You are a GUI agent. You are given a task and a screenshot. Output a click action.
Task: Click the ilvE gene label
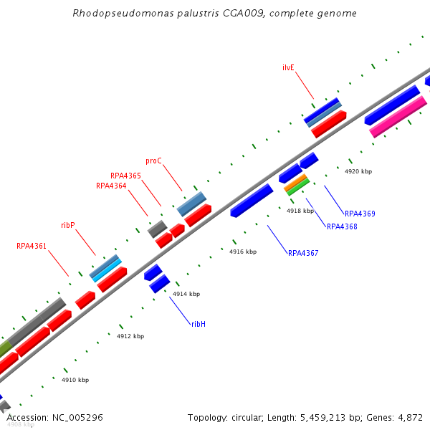[x=288, y=67]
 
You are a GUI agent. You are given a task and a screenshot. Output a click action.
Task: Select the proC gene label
[x=154, y=161]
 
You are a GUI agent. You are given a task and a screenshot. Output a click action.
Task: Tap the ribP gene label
[x=68, y=225]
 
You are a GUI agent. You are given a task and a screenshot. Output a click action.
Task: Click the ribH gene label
[x=199, y=324]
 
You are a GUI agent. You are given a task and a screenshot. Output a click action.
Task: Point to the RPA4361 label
[x=32, y=247]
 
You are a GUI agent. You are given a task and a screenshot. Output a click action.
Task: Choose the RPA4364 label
[x=111, y=186]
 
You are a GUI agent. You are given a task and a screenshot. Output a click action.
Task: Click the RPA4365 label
[x=125, y=176]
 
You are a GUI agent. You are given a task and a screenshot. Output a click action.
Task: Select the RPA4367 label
[x=303, y=253]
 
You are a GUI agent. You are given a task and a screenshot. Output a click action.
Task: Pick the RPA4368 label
[x=342, y=227]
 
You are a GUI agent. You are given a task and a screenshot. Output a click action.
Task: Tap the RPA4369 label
[x=360, y=214]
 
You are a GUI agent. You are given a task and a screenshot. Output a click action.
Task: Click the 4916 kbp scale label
[x=243, y=252]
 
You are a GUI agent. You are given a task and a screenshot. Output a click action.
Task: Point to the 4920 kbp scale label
[x=358, y=172]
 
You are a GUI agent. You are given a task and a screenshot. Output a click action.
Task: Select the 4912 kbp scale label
[x=130, y=336]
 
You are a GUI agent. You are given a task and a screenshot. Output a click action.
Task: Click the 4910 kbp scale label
[x=75, y=380]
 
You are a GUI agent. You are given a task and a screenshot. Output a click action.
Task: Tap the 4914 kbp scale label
[x=186, y=294]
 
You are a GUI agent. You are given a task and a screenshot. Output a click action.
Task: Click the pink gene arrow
[x=398, y=118]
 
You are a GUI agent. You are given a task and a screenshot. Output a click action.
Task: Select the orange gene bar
[x=296, y=183]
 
